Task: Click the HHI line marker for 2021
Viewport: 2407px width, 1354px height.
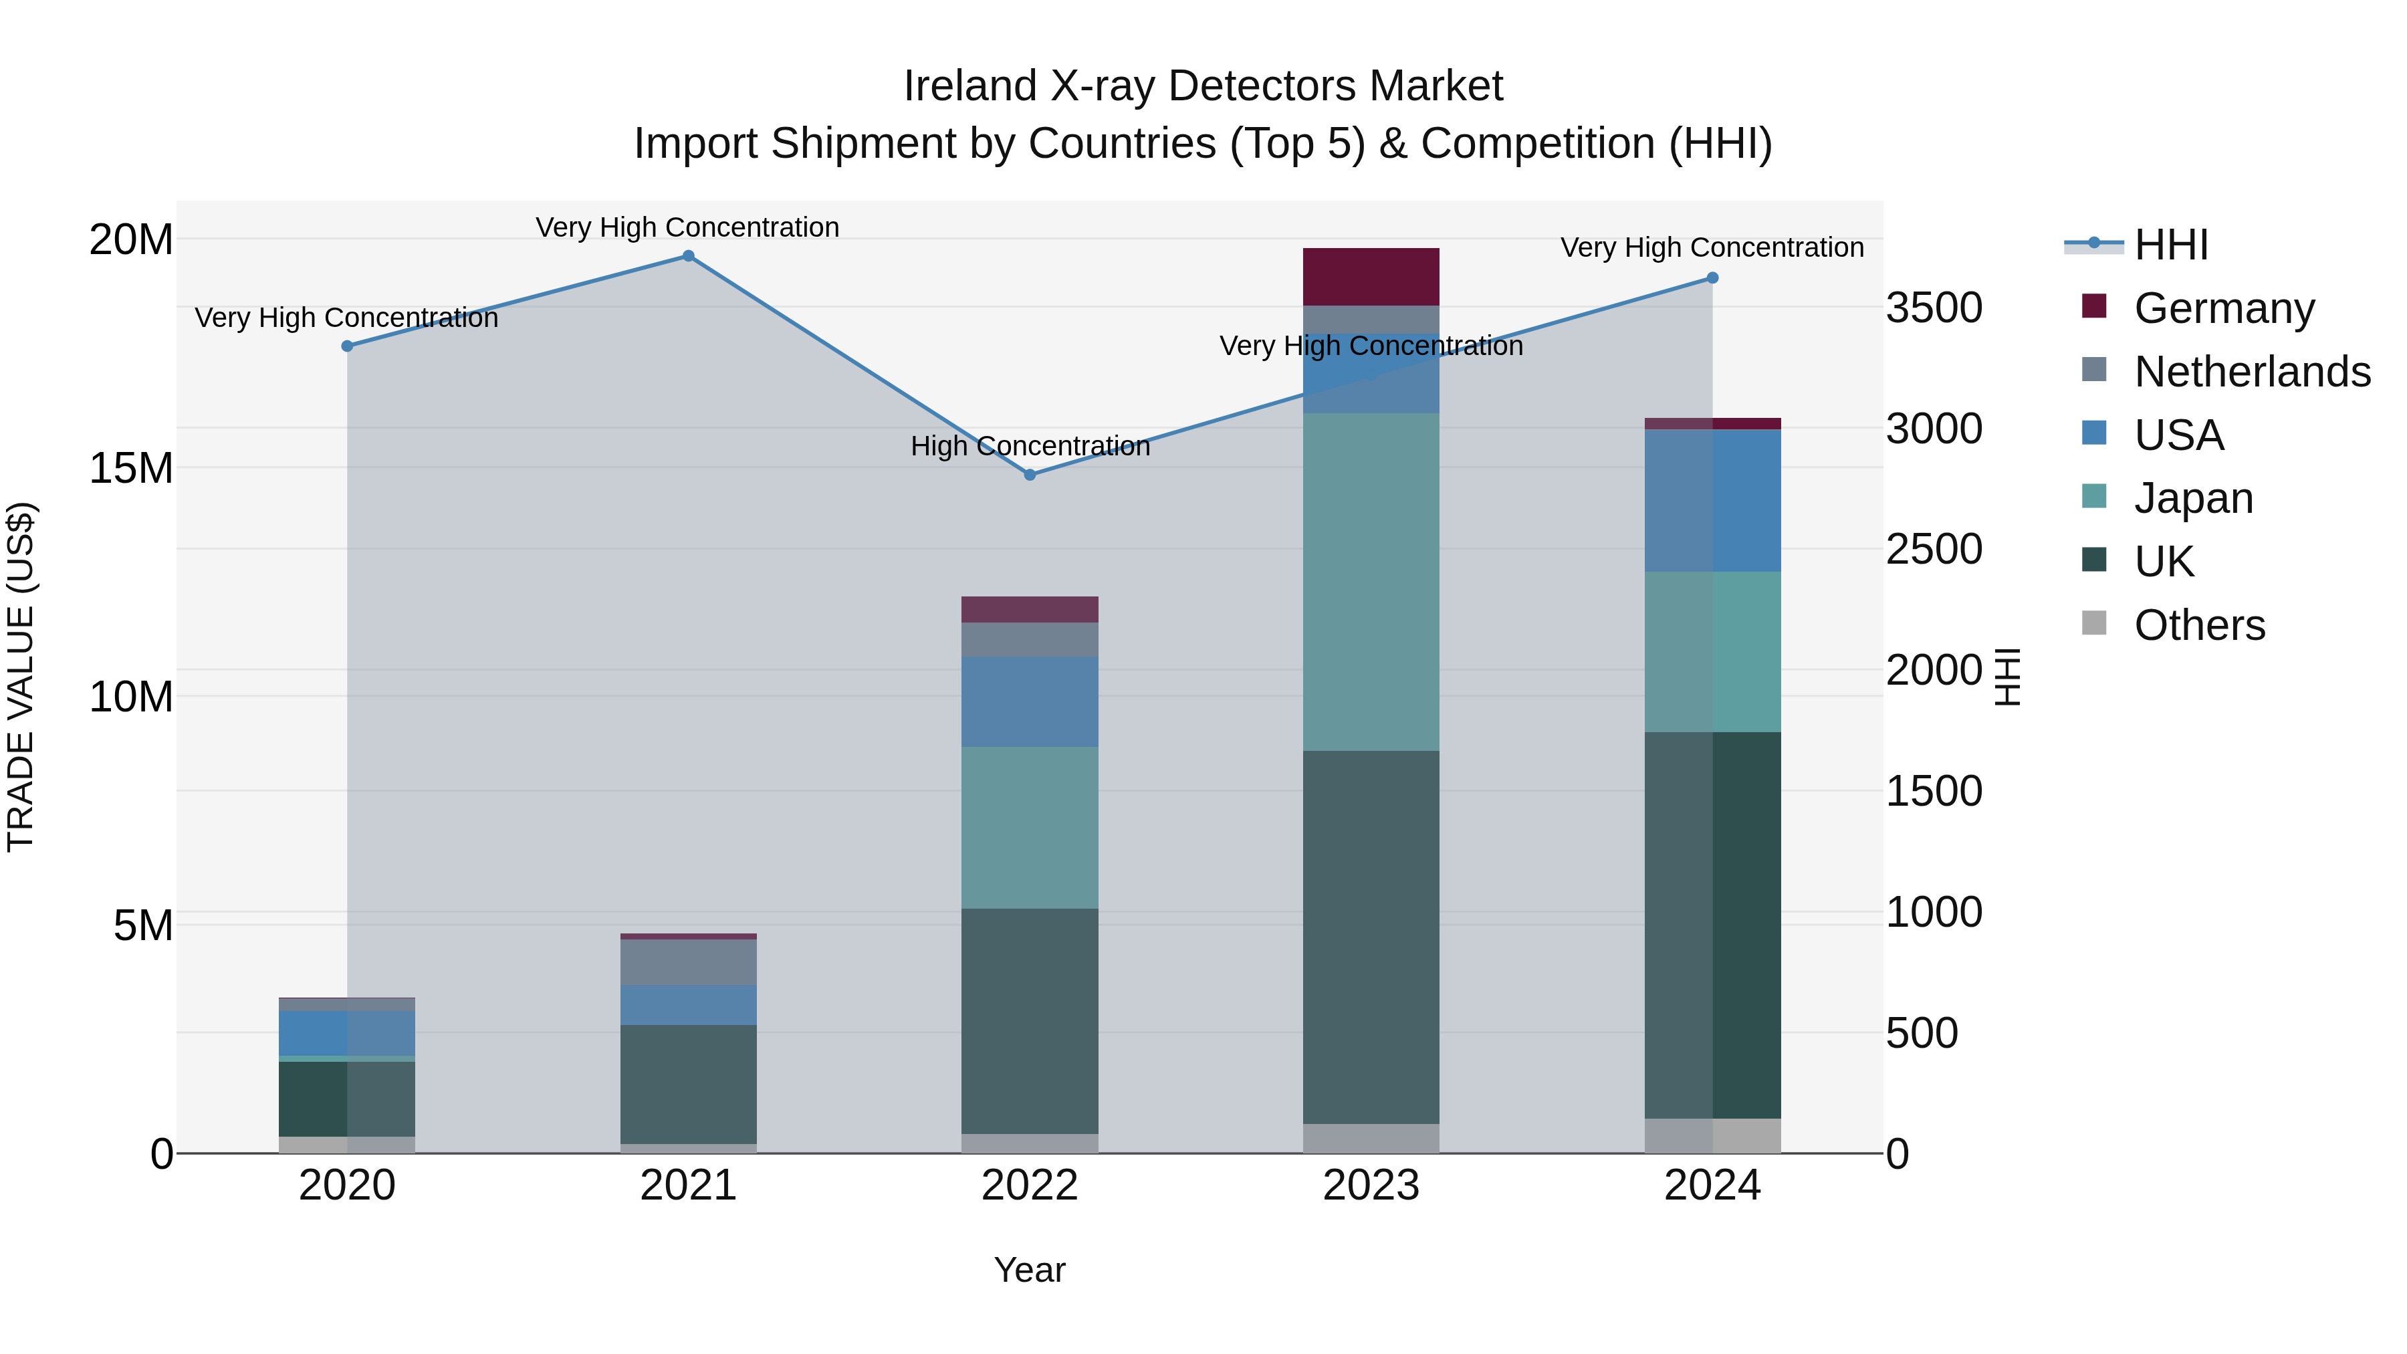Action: click(688, 256)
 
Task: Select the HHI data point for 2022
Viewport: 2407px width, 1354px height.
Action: click(1030, 475)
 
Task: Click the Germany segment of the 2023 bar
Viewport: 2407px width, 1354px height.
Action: click(1371, 277)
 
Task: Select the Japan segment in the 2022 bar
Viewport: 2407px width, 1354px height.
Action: click(1030, 827)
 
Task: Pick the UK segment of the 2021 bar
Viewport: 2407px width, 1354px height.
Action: click(688, 1084)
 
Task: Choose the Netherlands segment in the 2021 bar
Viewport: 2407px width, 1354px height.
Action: click(688, 962)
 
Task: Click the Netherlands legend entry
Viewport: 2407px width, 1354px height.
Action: click(2252, 372)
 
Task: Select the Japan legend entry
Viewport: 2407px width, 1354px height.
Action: click(2193, 498)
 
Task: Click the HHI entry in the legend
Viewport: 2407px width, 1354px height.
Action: click(2170, 245)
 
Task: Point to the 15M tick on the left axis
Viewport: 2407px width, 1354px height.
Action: click(131, 468)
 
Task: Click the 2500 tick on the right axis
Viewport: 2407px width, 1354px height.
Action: click(1933, 550)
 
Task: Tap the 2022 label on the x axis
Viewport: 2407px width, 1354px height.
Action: click(1030, 1186)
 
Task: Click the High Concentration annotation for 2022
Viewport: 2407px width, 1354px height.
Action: click(1030, 446)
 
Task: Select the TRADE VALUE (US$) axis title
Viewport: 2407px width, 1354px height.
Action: click(21, 677)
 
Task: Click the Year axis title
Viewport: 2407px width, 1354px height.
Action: click(1030, 1270)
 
